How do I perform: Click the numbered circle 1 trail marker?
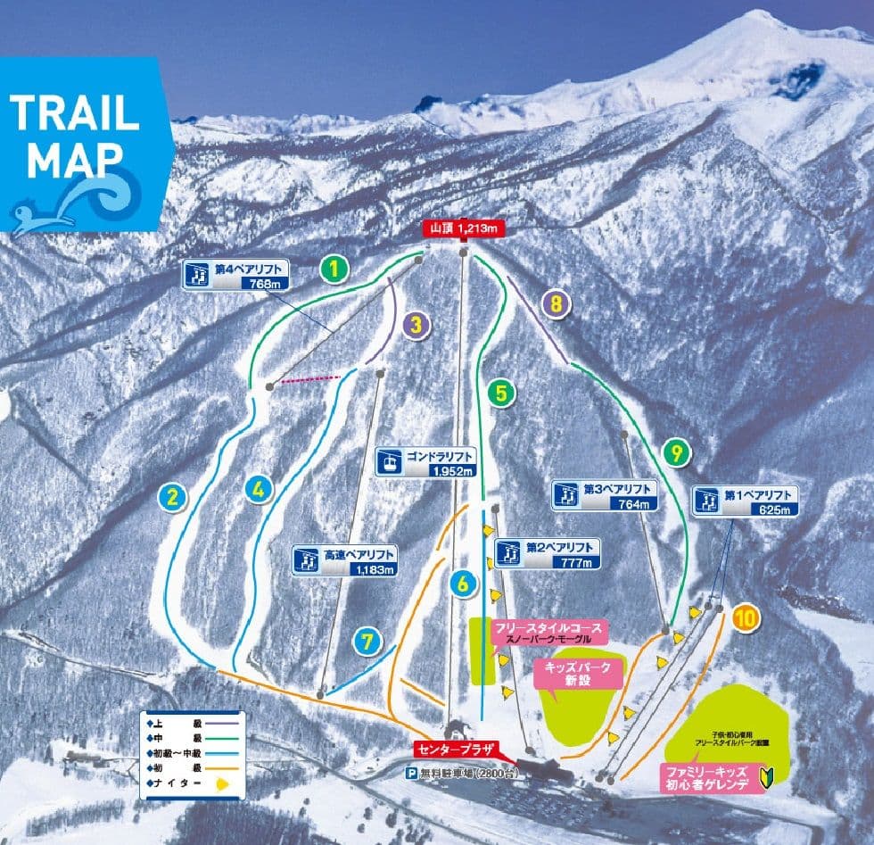point(334,269)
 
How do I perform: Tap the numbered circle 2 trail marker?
point(173,497)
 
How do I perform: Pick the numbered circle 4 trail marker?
point(259,488)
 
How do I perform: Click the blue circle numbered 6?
point(463,584)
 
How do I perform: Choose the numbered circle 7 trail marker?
point(366,642)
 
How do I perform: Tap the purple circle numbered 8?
point(556,304)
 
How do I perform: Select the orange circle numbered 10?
point(746,617)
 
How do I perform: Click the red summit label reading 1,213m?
point(463,228)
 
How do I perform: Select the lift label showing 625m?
point(744,501)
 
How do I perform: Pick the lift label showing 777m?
point(547,553)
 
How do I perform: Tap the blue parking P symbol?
point(412,774)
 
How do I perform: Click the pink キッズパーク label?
point(577,673)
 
